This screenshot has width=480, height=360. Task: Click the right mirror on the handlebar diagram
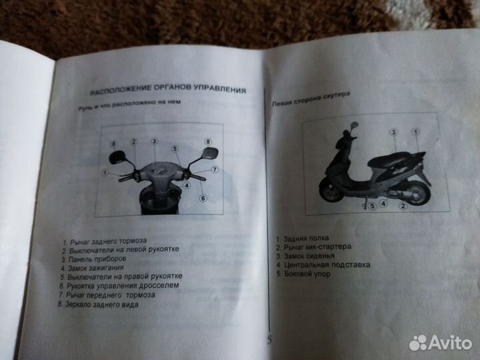point(208,154)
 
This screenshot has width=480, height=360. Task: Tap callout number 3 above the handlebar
point(153,142)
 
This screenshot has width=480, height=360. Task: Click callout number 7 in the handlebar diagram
point(215,170)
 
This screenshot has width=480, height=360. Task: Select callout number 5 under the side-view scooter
point(371,207)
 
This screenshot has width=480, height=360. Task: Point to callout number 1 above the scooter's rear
point(416,134)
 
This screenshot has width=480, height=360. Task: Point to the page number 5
point(269,339)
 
